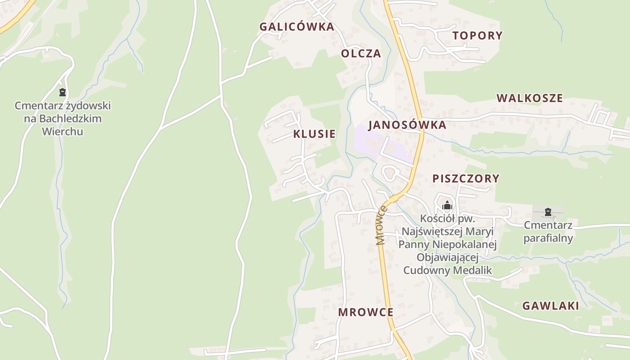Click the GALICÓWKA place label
pyautogui.click(x=297, y=27)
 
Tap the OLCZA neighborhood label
pyautogui.click(x=361, y=54)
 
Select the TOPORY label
pyautogui.click(x=477, y=36)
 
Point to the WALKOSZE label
pyautogui.click(x=530, y=98)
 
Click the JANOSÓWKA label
pyautogui.click(x=407, y=125)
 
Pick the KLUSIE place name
pyautogui.click(x=314, y=134)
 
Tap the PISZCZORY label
pyautogui.click(x=466, y=178)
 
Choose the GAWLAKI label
pyautogui.click(x=550, y=306)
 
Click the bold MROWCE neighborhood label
pyautogui.click(x=365, y=312)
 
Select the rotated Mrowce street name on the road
pyautogui.click(x=382, y=225)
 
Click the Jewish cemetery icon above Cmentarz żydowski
pyautogui.click(x=62, y=92)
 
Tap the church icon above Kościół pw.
pyautogui.click(x=447, y=206)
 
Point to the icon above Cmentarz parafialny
pyautogui.click(x=548, y=212)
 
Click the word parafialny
pyautogui.click(x=548, y=238)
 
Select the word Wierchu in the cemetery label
pyautogui.click(x=62, y=132)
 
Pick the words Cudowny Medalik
pyautogui.click(x=447, y=270)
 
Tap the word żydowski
pyautogui.click(x=85, y=106)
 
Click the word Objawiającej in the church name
pyautogui.click(x=447, y=257)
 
